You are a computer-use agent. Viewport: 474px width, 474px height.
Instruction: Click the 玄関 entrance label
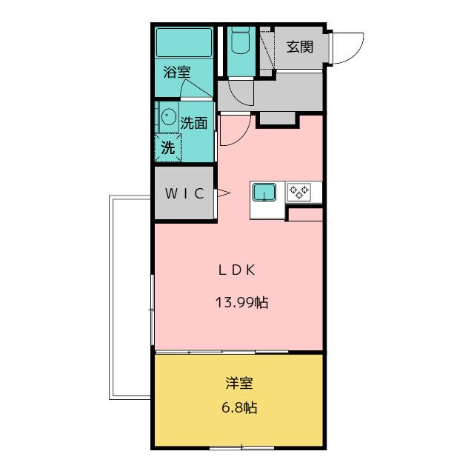pyautogui.click(x=300, y=47)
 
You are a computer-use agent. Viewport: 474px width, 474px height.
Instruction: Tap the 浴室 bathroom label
pyautogui.click(x=177, y=73)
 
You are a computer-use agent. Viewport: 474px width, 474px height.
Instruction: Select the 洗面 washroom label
pyautogui.click(x=193, y=123)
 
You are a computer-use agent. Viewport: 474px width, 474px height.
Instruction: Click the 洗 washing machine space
pyautogui.click(x=169, y=147)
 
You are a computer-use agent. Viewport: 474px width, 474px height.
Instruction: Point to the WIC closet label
pyautogui.click(x=184, y=194)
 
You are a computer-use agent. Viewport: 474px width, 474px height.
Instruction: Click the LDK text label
pyautogui.click(x=237, y=270)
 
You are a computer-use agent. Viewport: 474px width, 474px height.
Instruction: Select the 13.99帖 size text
pyautogui.click(x=241, y=302)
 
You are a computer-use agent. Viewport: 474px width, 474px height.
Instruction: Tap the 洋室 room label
pyautogui.click(x=239, y=384)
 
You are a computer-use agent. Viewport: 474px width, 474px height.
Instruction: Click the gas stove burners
pyautogui.click(x=299, y=193)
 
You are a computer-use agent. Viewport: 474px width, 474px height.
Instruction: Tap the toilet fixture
pyautogui.click(x=239, y=42)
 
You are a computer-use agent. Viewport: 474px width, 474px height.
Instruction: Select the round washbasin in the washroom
pyautogui.click(x=169, y=116)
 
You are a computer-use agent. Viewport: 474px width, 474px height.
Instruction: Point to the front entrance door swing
pyautogui.click(x=347, y=49)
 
